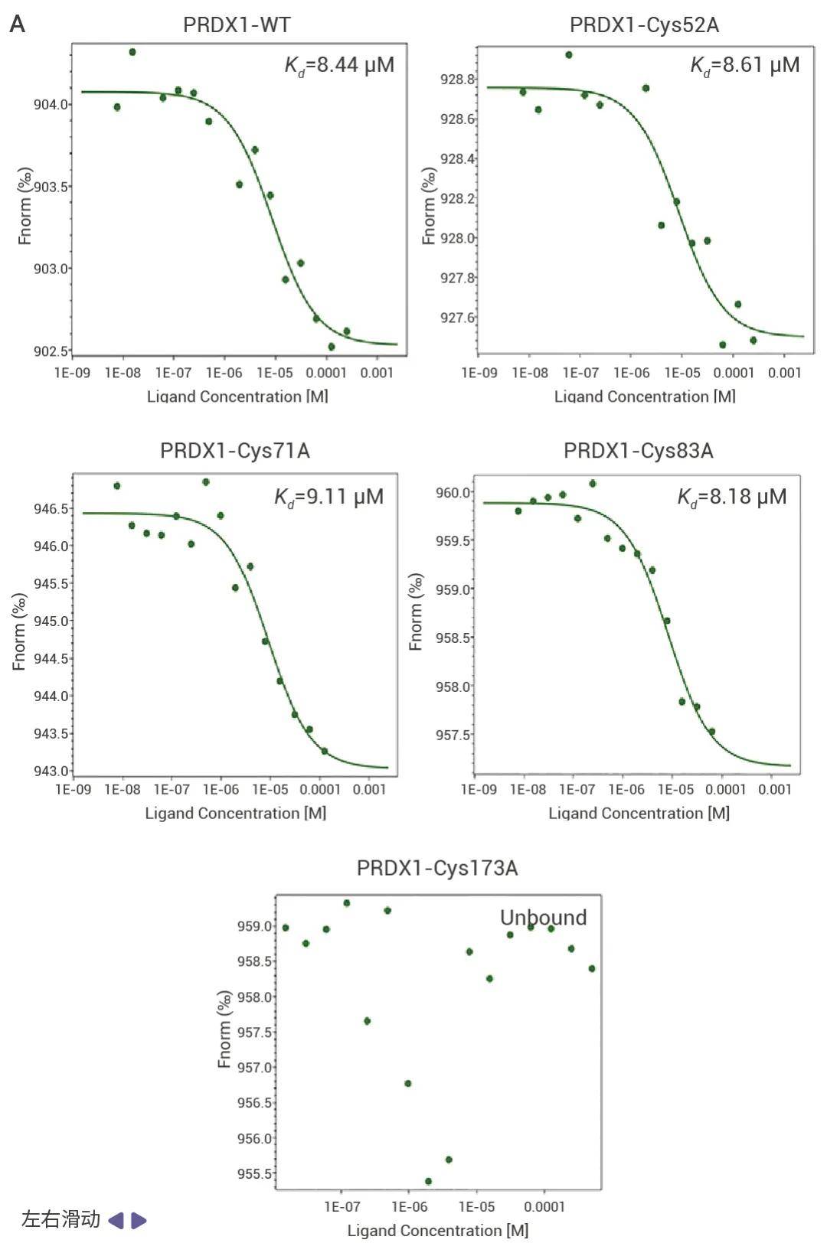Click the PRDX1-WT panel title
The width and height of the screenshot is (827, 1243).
pyautogui.click(x=237, y=25)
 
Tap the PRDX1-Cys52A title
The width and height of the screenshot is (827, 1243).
pyautogui.click(x=644, y=25)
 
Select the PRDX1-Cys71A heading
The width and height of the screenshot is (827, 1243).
pyautogui.click(x=234, y=451)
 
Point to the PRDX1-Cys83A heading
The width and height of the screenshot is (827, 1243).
pyautogui.click(x=638, y=451)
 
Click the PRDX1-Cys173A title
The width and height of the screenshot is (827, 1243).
pyautogui.click(x=437, y=868)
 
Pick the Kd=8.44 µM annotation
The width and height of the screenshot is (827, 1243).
pyautogui.click(x=339, y=65)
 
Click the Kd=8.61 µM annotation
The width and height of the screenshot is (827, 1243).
pyautogui.click(x=744, y=65)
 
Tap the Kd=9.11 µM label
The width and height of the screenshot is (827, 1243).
pyautogui.click(x=329, y=498)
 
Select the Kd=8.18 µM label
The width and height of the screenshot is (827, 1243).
pyautogui.click(x=731, y=498)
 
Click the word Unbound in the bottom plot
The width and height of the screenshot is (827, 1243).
pyautogui.click(x=543, y=917)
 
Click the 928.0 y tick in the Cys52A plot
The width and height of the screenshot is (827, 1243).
pyautogui.click(x=457, y=238)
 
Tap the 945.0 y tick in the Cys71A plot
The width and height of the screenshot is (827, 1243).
pyautogui.click(x=51, y=621)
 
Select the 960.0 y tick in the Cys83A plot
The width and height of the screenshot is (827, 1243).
pyautogui.click(x=453, y=492)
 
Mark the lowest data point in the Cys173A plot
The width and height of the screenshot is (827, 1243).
pyautogui.click(x=428, y=1181)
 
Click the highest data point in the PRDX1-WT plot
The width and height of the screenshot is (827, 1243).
pyautogui.click(x=132, y=52)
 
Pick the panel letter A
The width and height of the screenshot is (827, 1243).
pyautogui.click(x=17, y=24)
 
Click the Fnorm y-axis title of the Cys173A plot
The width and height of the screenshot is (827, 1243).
pyautogui.click(x=224, y=1029)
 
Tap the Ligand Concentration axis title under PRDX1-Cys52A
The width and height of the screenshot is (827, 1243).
pyautogui.click(x=644, y=396)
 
